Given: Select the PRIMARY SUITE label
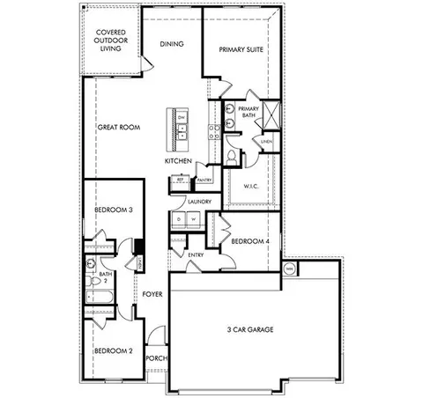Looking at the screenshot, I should pyautogui.click(x=241, y=49).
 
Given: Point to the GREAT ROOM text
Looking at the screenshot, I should pyautogui.click(x=119, y=128).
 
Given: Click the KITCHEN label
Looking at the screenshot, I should pyautogui.click(x=178, y=162).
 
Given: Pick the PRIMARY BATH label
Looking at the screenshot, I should pyautogui.click(x=248, y=113).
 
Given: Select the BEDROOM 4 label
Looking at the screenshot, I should pyautogui.click(x=249, y=241).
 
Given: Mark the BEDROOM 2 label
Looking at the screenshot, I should pyautogui.click(x=113, y=350).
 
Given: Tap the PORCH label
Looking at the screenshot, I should pyautogui.click(x=156, y=358).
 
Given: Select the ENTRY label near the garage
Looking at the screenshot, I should pyautogui.click(x=197, y=255).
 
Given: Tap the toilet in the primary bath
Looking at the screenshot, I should pyautogui.click(x=233, y=156).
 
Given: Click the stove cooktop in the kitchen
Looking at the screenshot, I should pyautogui.click(x=213, y=132).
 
